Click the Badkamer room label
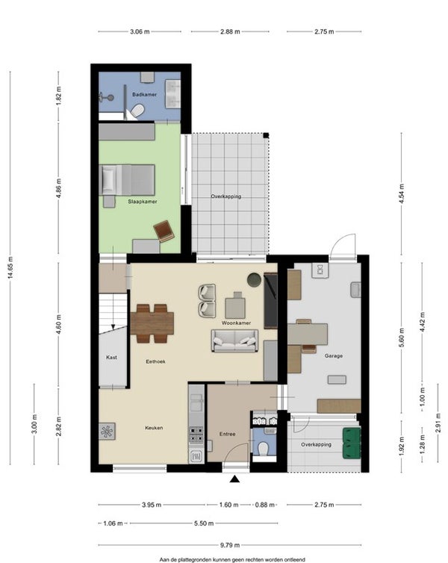point(144,94)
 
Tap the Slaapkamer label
point(143,202)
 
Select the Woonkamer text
point(236,323)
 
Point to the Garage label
point(334,356)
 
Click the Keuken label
point(154,428)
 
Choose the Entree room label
point(228,434)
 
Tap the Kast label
point(112,357)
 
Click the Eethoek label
point(156,361)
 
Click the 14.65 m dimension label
point(10,267)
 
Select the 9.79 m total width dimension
point(230,545)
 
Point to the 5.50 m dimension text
point(204,523)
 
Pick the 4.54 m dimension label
point(402,194)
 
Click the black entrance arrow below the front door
point(234,479)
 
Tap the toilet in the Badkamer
point(137,111)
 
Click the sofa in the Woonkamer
point(235,340)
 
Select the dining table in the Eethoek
point(152,323)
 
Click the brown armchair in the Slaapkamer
point(164,231)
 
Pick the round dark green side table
point(255,280)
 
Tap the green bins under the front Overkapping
point(352,443)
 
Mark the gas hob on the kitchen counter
point(196,434)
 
